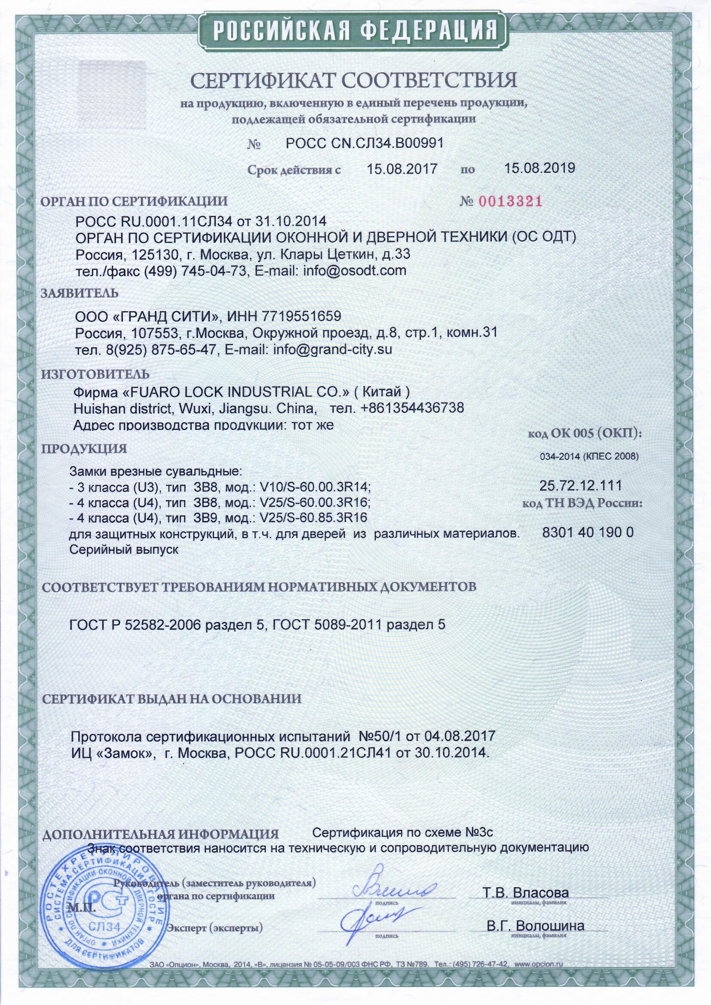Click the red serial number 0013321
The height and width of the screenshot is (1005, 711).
511,201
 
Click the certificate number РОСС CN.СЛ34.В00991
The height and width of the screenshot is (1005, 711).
365,143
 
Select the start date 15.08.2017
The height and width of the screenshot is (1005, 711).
402,169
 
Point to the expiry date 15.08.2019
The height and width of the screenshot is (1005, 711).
539,169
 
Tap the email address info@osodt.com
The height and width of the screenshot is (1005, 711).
352,270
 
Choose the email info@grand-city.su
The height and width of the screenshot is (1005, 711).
332,349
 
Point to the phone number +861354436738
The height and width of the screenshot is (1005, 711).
412,408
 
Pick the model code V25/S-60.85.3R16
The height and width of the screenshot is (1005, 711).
313,518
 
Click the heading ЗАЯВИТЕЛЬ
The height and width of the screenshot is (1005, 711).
80,293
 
